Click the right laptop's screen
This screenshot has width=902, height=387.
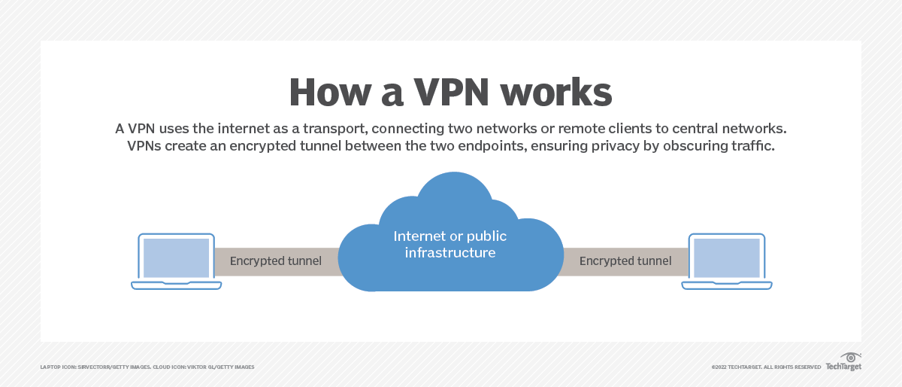point(726,257)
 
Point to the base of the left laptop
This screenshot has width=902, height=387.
point(177,285)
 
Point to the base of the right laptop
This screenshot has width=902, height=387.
point(726,285)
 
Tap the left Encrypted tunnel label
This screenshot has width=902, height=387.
point(276,261)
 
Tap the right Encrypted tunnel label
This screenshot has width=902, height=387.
point(625,261)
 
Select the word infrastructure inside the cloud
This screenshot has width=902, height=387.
point(450,253)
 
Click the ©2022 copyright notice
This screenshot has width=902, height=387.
point(766,367)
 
